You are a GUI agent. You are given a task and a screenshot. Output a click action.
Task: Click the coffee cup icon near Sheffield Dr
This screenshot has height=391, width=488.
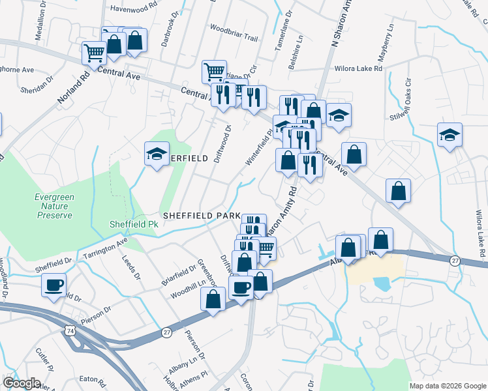[x=53, y=284]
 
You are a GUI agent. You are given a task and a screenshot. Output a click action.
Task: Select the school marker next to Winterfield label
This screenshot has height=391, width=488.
[x=156, y=154]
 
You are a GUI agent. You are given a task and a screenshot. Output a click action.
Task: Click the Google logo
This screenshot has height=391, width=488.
[x=21, y=383]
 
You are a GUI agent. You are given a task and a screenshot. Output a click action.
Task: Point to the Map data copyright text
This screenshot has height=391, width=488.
[x=448, y=386]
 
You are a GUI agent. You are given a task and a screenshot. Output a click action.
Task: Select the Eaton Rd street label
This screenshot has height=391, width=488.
[x=92, y=379]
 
